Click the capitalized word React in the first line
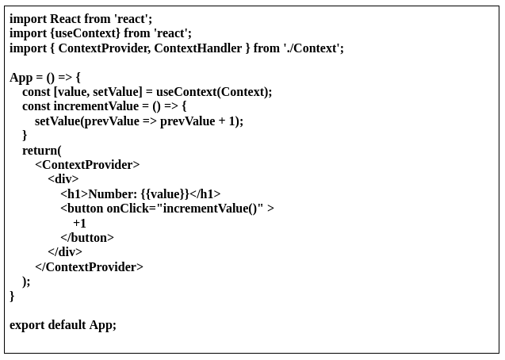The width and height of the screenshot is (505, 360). click(x=66, y=18)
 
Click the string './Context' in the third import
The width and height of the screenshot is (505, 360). click(x=313, y=48)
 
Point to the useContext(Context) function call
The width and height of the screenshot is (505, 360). click(x=213, y=92)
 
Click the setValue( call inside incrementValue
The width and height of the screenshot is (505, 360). click(x=58, y=121)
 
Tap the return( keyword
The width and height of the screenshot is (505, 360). click(x=41, y=151)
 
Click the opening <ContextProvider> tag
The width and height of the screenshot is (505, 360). click(x=87, y=165)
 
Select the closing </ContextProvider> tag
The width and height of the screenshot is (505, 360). click(x=89, y=267)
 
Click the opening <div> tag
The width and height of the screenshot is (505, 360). click(x=63, y=179)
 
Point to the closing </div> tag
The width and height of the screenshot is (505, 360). click(x=65, y=252)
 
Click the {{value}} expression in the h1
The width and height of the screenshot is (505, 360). click(x=165, y=194)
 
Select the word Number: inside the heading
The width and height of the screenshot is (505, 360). click(x=113, y=194)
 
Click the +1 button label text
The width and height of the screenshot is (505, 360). click(x=79, y=224)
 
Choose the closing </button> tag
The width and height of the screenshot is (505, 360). click(x=87, y=238)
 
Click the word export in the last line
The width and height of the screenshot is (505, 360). click(x=27, y=325)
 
